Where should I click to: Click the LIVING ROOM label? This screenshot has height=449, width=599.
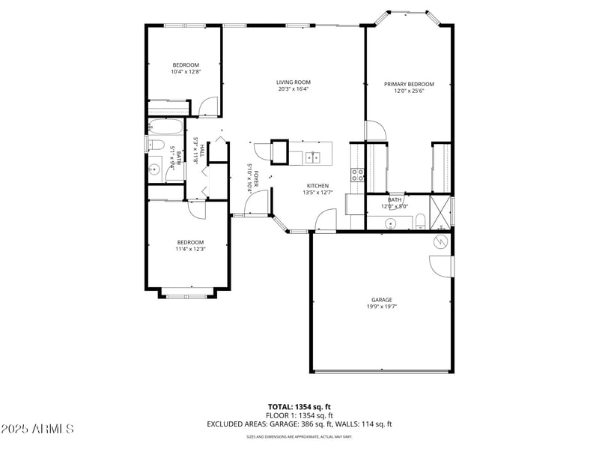click(293, 82)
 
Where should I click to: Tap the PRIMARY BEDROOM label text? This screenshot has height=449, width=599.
click(409, 84)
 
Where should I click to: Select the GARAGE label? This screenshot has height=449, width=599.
click(382, 300)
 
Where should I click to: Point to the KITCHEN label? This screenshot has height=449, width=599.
click(317, 186)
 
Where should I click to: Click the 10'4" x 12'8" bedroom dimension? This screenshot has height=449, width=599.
click(186, 71)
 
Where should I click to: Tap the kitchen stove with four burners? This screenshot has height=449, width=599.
click(358, 175)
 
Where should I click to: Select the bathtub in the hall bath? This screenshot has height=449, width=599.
click(165, 127)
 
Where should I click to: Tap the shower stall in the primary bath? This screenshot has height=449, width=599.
click(441, 211)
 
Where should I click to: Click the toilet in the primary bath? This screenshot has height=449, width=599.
click(420, 220)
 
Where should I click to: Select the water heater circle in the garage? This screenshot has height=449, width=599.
click(441, 241)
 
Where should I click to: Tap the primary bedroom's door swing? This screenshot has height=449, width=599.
click(376, 132)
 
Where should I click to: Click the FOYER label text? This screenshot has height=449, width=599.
click(256, 178)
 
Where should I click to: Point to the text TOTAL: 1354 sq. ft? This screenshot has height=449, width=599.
click(299, 406)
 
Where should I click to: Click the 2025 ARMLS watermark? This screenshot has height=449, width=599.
click(37, 429)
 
